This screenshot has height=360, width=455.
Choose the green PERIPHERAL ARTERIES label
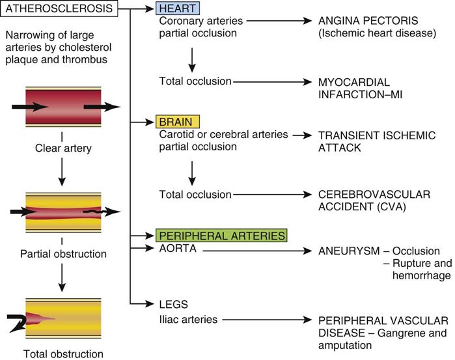[x=221, y=235]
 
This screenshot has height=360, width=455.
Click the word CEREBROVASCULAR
[x=371, y=195]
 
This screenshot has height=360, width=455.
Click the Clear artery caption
[x=63, y=148]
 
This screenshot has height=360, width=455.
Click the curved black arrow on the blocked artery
[x=19, y=318]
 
